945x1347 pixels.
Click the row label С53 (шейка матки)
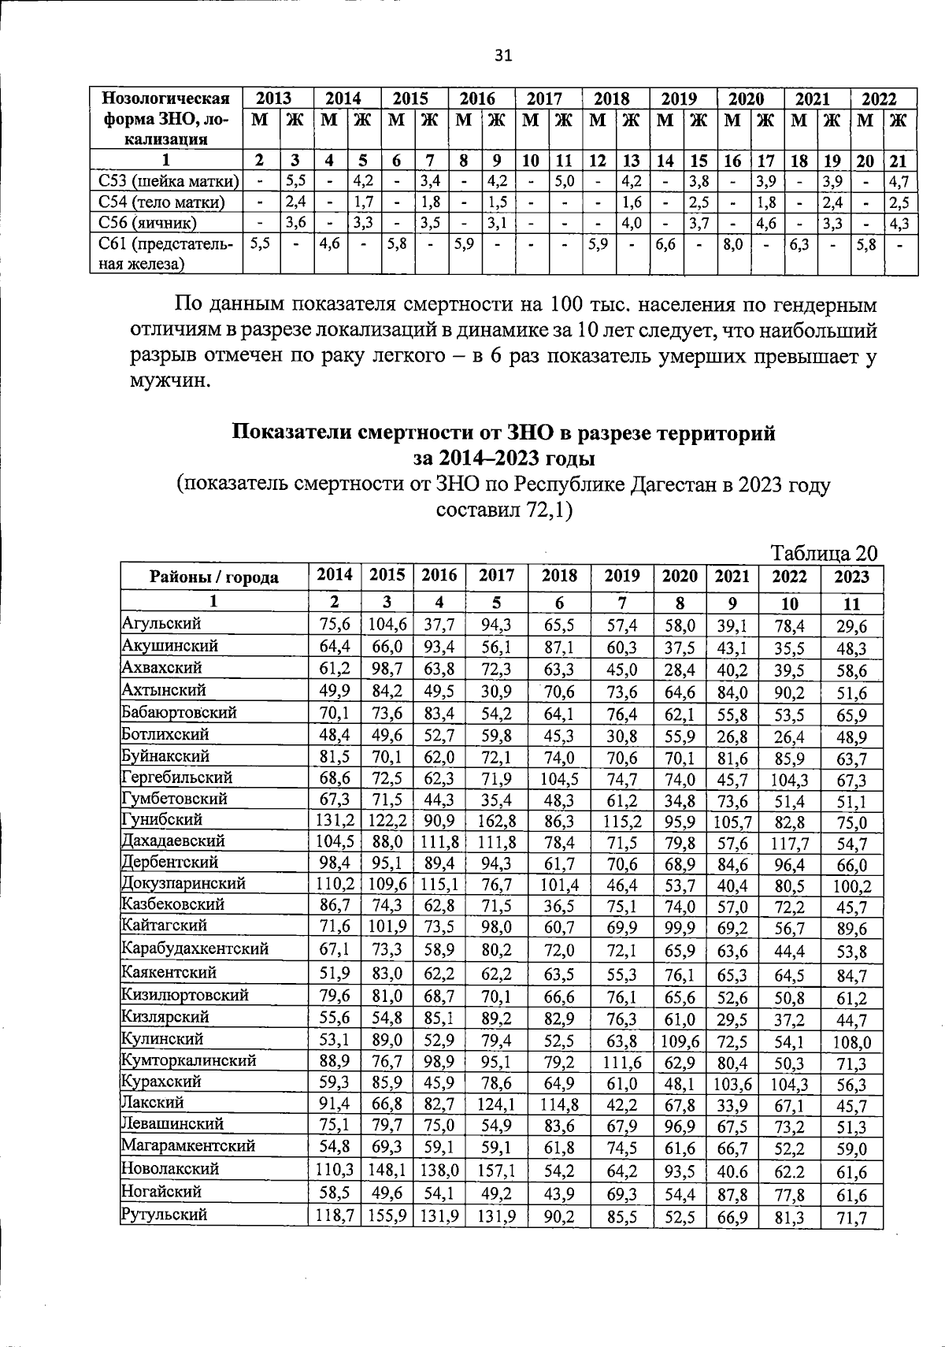(166, 181)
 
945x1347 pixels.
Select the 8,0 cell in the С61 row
(733, 245)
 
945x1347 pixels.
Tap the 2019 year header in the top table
(679, 98)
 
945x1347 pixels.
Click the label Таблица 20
(824, 552)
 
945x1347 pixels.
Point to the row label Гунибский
(161, 819)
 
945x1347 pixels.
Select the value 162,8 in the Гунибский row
(497, 822)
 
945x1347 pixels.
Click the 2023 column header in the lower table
(851, 577)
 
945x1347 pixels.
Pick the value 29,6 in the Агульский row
(851, 626)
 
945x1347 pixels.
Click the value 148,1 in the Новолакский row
(387, 1171)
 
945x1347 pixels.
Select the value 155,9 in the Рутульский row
(387, 1216)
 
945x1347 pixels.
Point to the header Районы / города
(213, 577)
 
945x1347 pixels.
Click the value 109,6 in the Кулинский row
(680, 1041)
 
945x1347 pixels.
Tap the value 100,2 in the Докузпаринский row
(851, 885)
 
